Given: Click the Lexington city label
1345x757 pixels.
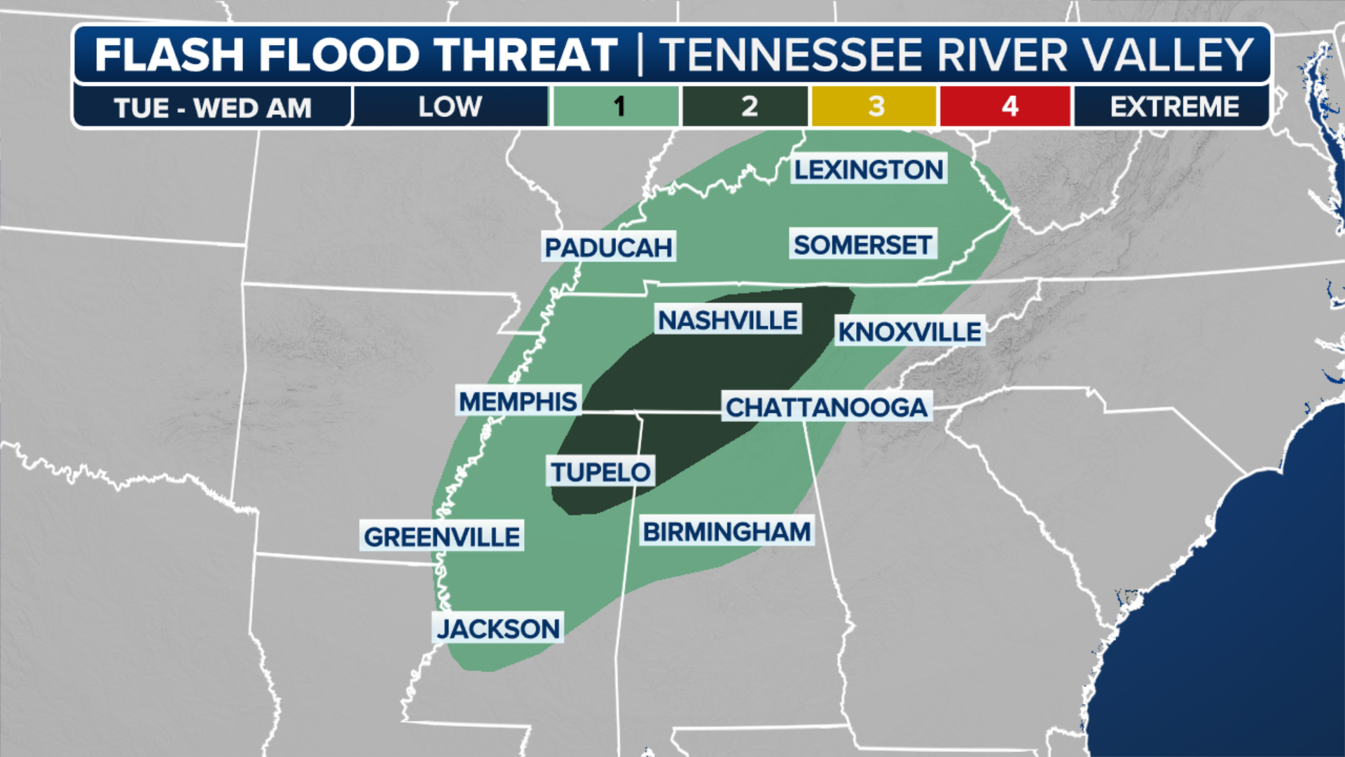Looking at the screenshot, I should tap(869, 170).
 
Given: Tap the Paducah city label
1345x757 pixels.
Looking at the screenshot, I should tap(608, 247).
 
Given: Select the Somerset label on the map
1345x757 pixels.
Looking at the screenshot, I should tap(862, 245).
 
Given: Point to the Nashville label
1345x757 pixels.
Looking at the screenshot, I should tap(728, 320).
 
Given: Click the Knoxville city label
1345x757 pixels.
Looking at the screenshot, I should tap(910, 332).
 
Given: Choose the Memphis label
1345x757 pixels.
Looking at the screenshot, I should tap(518, 402).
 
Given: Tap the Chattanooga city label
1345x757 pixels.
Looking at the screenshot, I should tap(827, 407).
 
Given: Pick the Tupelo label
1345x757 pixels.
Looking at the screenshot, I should tap(600, 472).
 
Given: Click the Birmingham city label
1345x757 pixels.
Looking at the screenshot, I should tap(727, 532).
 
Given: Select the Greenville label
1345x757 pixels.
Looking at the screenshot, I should tap(441, 537).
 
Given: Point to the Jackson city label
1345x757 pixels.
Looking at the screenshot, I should tap(498, 629).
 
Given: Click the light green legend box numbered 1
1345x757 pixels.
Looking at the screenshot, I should tap(616, 107).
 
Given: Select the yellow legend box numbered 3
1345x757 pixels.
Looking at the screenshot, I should tap(875, 107).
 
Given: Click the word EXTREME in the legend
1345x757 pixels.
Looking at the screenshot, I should tap(1174, 107).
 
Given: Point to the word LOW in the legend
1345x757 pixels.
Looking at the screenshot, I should tap(450, 107).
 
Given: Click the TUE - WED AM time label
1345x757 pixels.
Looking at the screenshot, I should tap(212, 108).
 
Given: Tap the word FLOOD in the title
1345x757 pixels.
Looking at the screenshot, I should tap(340, 55).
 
